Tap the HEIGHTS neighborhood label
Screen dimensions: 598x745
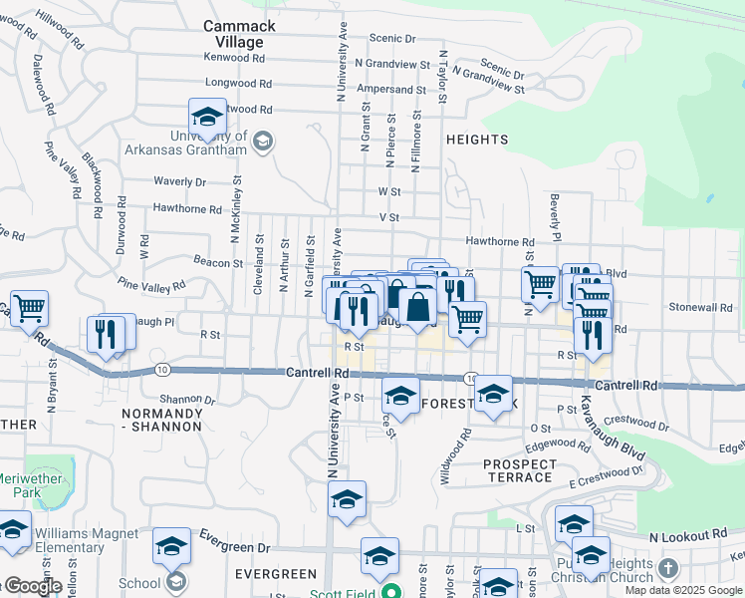pyautogui.click(x=477, y=140)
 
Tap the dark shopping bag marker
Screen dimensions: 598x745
pyautogui.click(x=418, y=308)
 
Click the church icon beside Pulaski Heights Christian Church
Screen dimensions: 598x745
pyautogui.click(x=668, y=570)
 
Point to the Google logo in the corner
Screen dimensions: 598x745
pyautogui.click(x=32, y=587)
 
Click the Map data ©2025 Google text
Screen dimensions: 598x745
pyautogui.click(x=683, y=590)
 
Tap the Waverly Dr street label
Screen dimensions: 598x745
pyautogui.click(x=179, y=181)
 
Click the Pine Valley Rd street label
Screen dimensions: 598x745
pyautogui.click(x=150, y=285)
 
